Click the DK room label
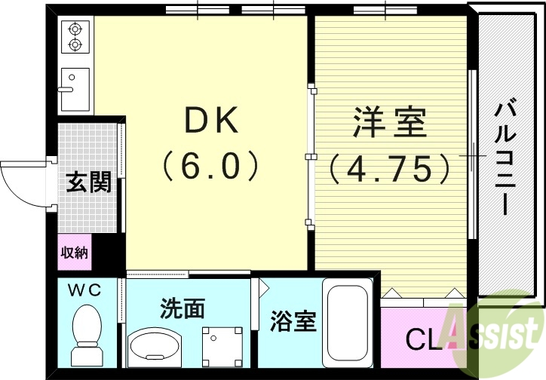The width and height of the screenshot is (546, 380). point(212,121)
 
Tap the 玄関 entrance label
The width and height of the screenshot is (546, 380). point(89,182)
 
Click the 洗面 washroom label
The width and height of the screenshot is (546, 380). point(183,308)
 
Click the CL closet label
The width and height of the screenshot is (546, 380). point(422,340)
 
